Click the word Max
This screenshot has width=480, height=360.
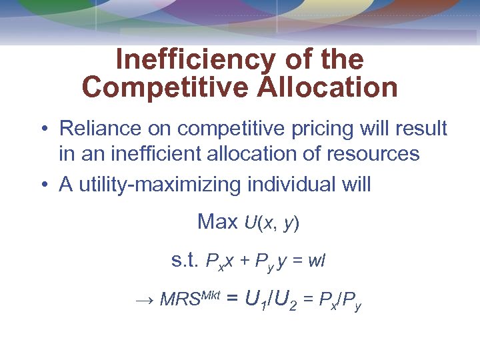pyautogui.click(x=217, y=222)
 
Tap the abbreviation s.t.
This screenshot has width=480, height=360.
pyautogui.click(x=185, y=261)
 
